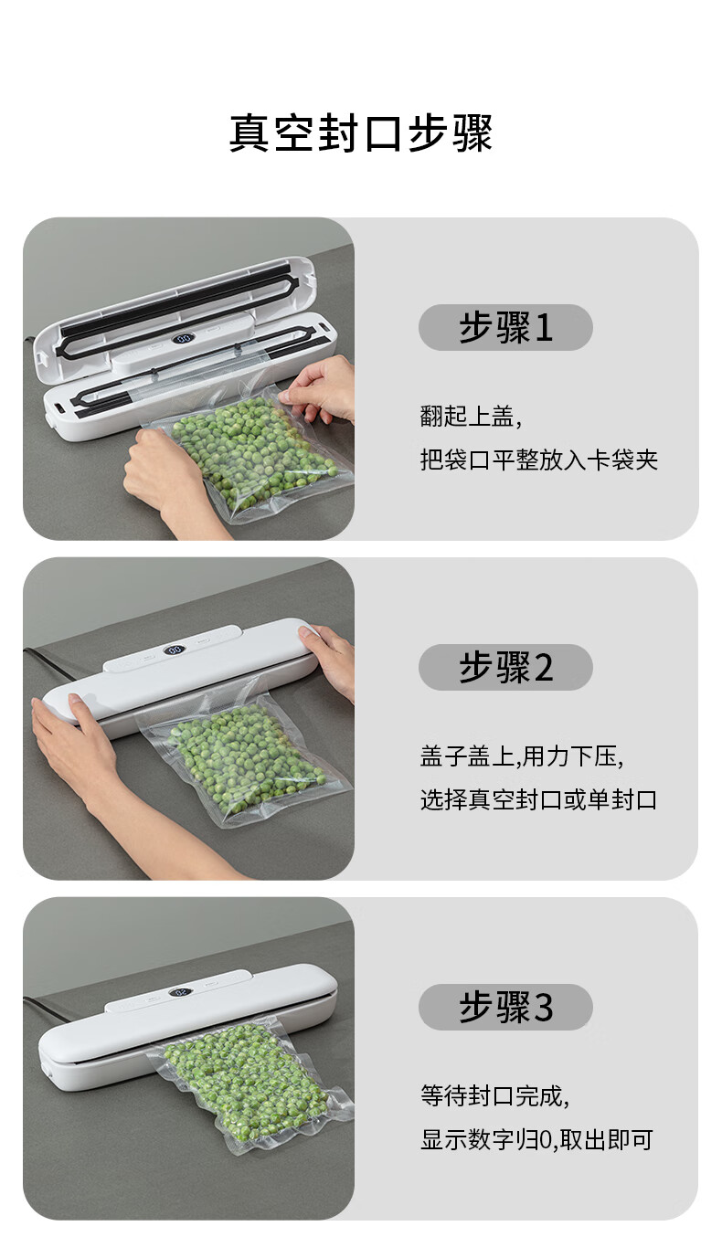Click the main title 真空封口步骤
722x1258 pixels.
[361, 133]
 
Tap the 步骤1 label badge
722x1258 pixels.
[505, 327]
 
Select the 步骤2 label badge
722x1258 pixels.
[505, 667]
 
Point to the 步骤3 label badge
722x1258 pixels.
[505, 1007]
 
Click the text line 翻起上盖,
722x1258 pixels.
[471, 417]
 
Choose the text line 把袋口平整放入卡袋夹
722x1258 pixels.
[539, 460]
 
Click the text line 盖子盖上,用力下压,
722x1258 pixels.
[522, 756]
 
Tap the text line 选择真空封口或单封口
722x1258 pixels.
[539, 799]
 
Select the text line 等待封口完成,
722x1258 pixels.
[495, 1096]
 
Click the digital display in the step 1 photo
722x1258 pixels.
[184, 339]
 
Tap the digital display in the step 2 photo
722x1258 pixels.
[175, 650]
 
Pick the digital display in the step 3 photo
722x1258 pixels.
[181, 992]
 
